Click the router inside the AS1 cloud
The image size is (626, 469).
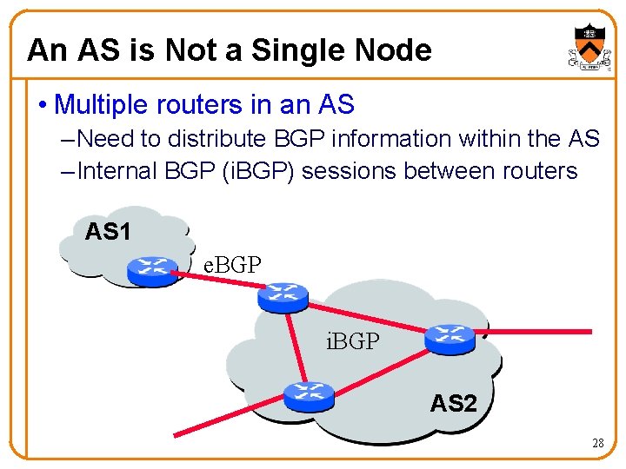pos(151,271)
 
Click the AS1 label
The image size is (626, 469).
pos(108,232)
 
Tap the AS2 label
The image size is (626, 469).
pos(454,403)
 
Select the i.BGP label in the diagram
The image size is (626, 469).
pos(352,341)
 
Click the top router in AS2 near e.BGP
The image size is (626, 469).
pos(283,297)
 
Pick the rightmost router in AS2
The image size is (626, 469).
pos(450,339)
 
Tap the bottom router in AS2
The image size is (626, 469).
pos(309,396)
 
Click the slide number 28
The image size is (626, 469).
pos(597,443)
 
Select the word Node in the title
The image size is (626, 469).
pos(393,50)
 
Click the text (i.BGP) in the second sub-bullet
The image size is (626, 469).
pos(258,171)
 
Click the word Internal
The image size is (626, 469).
pos(117,171)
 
